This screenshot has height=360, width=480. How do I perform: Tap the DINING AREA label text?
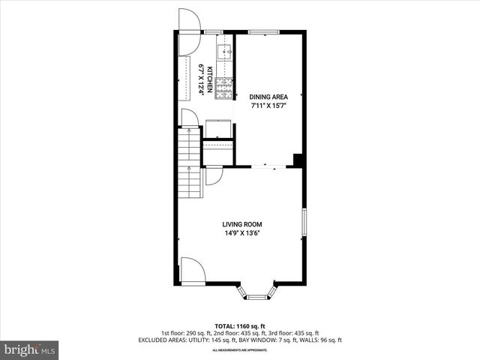[x=268, y=97]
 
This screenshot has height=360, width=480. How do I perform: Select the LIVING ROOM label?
[x=241, y=223]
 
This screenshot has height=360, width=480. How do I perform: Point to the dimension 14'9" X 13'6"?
[x=241, y=233]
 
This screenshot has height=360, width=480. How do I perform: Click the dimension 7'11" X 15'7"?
[x=268, y=106]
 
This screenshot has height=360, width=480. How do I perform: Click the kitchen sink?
[x=223, y=52]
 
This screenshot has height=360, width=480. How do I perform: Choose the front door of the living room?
[x=190, y=270]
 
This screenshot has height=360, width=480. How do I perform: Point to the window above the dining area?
[x=260, y=31]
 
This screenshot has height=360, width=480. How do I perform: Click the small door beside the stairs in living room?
[x=213, y=176]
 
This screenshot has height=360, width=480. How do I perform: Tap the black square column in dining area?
[x=298, y=160]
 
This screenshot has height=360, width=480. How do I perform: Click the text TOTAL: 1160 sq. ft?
[x=240, y=326]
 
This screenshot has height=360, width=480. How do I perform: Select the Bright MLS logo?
[x=30, y=349]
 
